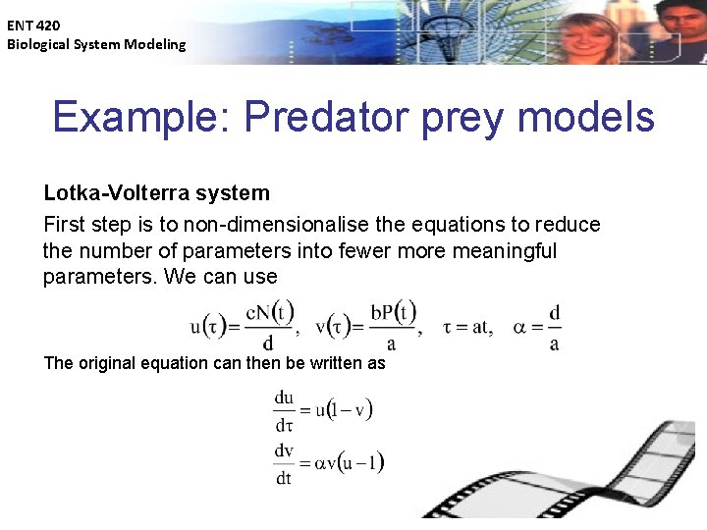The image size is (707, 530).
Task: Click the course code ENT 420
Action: (x=33, y=25)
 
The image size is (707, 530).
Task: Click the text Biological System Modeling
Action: (x=96, y=44)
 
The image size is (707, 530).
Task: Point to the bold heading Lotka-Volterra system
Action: (x=156, y=193)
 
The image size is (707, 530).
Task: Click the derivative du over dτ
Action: (x=284, y=411)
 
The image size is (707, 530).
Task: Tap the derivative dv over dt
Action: (x=284, y=463)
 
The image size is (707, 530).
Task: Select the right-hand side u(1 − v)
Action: (x=344, y=410)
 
